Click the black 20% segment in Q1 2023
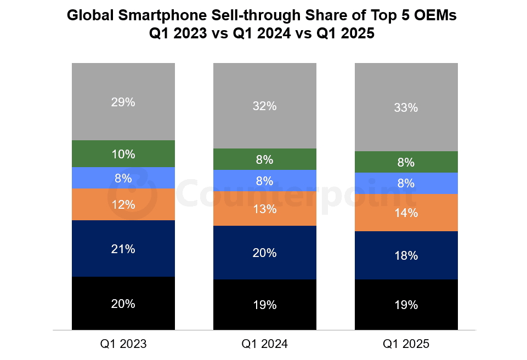[123, 303]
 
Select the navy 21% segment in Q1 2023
[123, 248]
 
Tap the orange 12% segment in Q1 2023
[123, 204]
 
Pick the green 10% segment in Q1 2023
[123, 154]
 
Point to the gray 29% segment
[123, 102]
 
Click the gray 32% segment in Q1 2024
[264, 106]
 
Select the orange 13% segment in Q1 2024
[264, 209]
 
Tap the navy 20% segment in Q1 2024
[264, 253]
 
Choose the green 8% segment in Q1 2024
[264, 159]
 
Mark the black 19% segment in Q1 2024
[264, 305]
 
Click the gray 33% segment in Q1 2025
[406, 107]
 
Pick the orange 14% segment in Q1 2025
[406, 213]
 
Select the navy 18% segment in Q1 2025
[406, 255]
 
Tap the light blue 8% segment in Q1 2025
[406, 183]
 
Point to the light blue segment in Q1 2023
[123, 178]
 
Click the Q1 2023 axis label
[123, 344]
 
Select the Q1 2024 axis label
[264, 344]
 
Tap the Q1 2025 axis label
[406, 344]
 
